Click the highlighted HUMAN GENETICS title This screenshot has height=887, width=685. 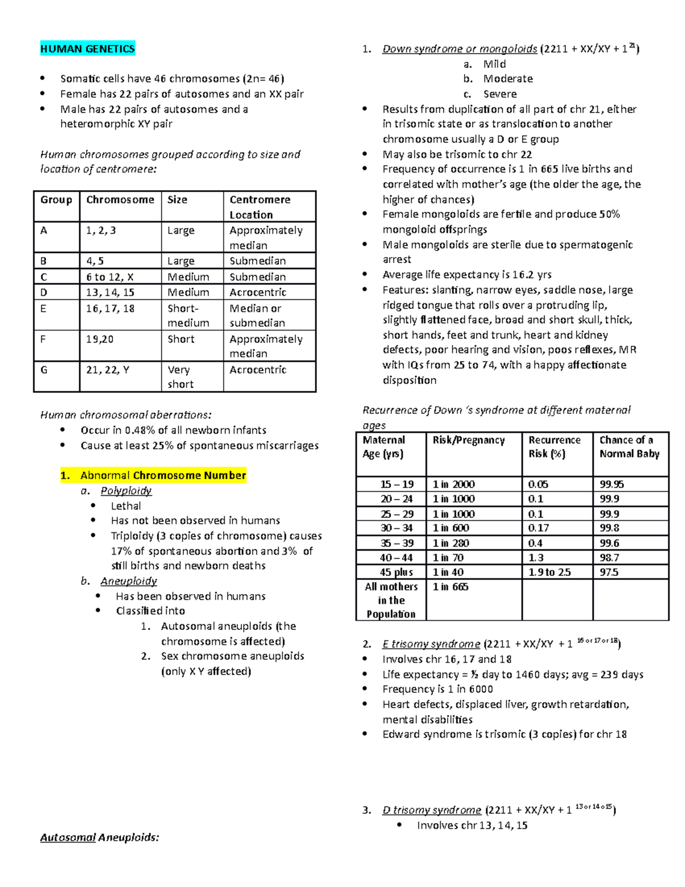(x=87, y=49)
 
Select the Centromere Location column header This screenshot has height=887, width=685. (x=260, y=207)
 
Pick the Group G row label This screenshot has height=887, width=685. (x=44, y=370)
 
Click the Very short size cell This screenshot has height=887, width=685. (x=180, y=377)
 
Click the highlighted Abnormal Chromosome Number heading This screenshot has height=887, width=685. (x=163, y=475)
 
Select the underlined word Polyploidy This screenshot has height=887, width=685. (x=126, y=491)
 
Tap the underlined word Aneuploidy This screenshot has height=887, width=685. (x=128, y=581)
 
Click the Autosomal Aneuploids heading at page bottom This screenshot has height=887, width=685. (x=99, y=837)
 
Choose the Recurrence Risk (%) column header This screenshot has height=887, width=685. (x=554, y=447)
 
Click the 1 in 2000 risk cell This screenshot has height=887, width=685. (x=453, y=484)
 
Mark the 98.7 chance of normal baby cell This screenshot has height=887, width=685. (x=609, y=557)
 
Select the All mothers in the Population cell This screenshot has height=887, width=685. (x=391, y=600)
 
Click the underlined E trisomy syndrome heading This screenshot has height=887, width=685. (x=431, y=644)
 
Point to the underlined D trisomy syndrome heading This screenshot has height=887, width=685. (x=432, y=810)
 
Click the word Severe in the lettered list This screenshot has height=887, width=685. (x=499, y=94)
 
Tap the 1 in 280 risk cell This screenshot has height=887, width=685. (x=450, y=543)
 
